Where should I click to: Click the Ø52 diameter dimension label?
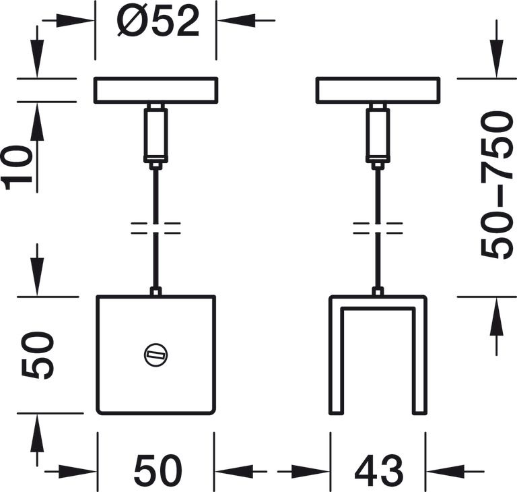click(159, 22)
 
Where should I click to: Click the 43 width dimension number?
click(378, 470)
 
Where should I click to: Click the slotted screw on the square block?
click(156, 355)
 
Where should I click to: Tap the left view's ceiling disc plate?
click(156, 90)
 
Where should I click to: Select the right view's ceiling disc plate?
click(378, 90)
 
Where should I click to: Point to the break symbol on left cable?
click(156, 227)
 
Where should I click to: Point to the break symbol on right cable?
click(378, 227)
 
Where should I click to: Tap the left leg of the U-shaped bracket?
click(334, 357)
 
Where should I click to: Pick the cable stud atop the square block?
click(156, 291)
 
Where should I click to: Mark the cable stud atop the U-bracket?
click(378, 291)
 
